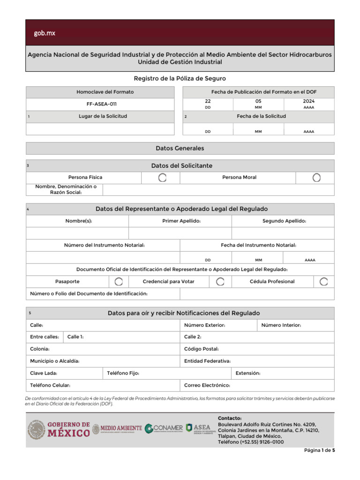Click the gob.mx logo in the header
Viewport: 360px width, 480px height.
pyautogui.click(x=45, y=33)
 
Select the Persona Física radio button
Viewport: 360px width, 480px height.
pyautogui.click(x=162, y=178)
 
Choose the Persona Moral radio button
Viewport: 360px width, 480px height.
pyautogui.click(x=316, y=178)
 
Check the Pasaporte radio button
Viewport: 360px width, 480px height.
pyautogui.click(x=119, y=281)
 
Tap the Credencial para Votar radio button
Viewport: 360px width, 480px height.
pyautogui.click(x=220, y=281)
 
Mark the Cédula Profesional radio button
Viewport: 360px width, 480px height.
pyautogui.click(x=323, y=281)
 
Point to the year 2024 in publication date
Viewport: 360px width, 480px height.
pyautogui.click(x=309, y=101)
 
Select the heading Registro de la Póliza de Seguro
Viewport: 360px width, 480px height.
pyautogui.click(x=180, y=79)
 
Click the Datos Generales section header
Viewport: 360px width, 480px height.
pyautogui.click(x=180, y=148)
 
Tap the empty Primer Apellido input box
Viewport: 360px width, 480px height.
pyautogui.click(x=180, y=233)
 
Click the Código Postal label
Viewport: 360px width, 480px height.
pyautogui.click(x=202, y=349)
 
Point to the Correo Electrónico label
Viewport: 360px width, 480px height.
pyautogui.click(x=207, y=385)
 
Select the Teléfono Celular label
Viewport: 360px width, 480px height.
pyautogui.click(x=50, y=385)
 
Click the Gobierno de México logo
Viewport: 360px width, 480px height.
pyautogui.click(x=59, y=429)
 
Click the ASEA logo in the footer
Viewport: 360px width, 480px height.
pyautogui.click(x=198, y=428)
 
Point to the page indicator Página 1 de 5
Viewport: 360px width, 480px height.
pyautogui.click(x=319, y=450)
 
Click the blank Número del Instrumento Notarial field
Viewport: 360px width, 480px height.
pyautogui.click(x=103, y=257)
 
